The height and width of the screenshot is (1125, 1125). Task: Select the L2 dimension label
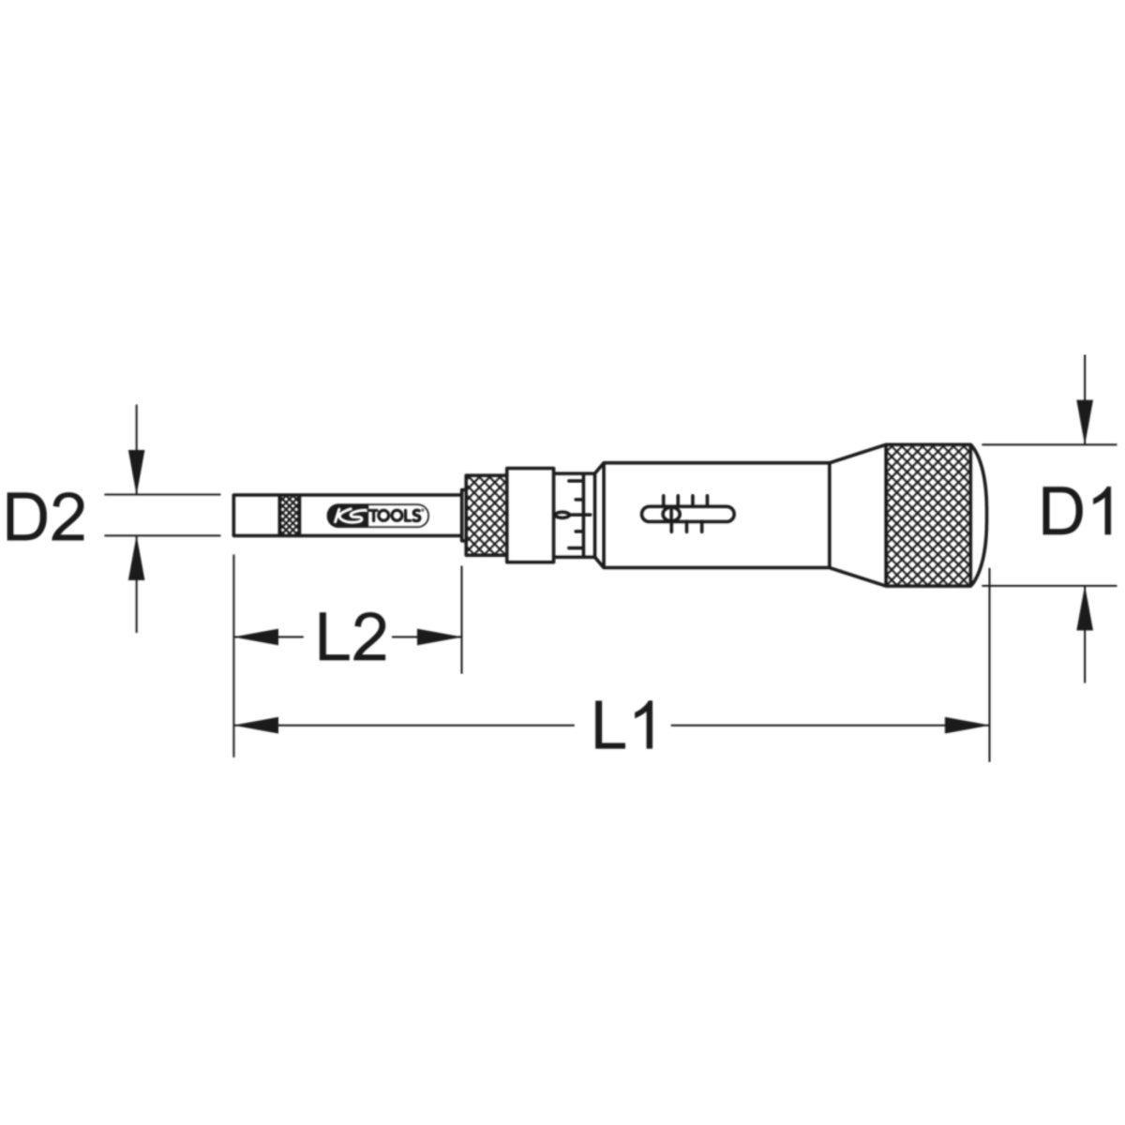pyautogui.click(x=352, y=637)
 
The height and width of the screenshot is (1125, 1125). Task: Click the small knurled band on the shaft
pyautogui.click(x=290, y=515)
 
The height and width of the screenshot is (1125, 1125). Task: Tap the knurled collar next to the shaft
pyautogui.click(x=486, y=515)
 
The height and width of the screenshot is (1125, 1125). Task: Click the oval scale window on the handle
pyautogui.click(x=688, y=515)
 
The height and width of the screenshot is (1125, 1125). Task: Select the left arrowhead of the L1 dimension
pyautogui.click(x=256, y=726)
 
